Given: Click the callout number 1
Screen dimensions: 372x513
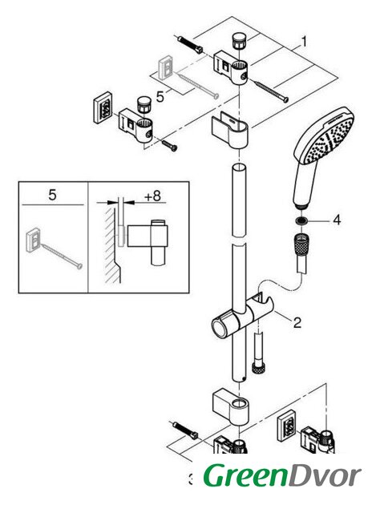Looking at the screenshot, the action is point(304,42).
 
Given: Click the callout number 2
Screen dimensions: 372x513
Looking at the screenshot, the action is point(297,322).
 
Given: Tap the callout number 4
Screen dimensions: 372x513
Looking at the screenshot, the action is point(337,220).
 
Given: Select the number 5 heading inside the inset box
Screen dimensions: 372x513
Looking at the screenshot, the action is point(52,195).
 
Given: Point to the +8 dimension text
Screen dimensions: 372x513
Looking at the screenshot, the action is point(153,196).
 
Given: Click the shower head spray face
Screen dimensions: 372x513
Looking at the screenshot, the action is point(330,139).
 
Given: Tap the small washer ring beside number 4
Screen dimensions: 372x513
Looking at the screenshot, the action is point(301,220).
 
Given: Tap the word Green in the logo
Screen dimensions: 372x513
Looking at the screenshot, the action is point(245,475).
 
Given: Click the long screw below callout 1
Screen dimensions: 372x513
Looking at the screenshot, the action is point(271,91).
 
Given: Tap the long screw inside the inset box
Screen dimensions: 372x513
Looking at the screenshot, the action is point(62,256).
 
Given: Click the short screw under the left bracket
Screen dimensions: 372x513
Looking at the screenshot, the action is point(170,145).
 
